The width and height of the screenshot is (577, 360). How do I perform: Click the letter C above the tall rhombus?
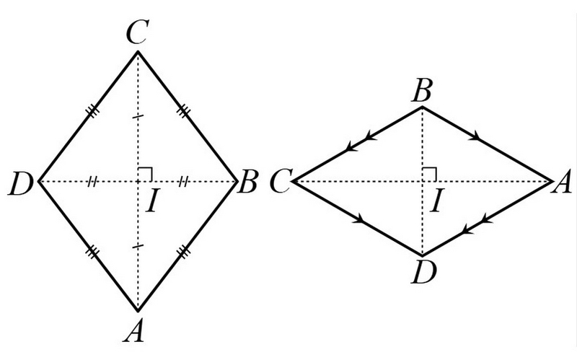[138, 32]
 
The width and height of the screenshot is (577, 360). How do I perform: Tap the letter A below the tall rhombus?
[134, 330]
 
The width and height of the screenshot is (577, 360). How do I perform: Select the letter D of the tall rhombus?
[21, 183]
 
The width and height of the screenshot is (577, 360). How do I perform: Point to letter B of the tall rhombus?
[247, 182]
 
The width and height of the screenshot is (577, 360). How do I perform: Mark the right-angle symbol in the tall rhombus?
[145, 174]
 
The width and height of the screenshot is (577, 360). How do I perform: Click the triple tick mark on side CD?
[93, 111]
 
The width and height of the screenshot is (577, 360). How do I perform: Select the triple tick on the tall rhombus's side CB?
[183, 110]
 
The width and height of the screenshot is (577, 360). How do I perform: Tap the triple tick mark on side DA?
[93, 253]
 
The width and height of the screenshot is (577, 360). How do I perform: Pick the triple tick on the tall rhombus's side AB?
[183, 253]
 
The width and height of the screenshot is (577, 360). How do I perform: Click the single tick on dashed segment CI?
[138, 117]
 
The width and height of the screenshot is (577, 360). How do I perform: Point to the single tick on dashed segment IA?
[138, 246]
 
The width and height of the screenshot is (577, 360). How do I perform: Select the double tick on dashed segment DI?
[92, 181]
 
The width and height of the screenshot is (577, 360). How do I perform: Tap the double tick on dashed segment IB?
[183, 181]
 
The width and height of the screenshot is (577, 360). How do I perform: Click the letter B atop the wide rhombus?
[422, 92]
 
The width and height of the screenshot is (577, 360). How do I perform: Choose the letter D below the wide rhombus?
[423, 273]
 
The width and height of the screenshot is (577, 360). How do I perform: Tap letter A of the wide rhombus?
[562, 183]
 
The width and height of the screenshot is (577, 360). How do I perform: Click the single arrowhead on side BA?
[475, 136]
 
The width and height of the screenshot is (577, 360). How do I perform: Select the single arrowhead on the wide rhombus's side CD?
[358, 219]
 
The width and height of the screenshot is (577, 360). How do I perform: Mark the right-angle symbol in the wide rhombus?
[429, 174]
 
